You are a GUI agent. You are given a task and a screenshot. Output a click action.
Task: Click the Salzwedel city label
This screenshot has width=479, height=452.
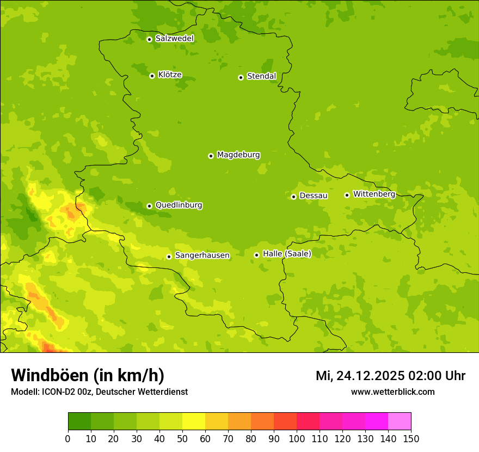pos(174,39)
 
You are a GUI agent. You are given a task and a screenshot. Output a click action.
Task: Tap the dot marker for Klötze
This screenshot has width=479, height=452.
pos(152,76)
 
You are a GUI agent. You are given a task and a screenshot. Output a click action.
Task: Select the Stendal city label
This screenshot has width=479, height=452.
pos(261,76)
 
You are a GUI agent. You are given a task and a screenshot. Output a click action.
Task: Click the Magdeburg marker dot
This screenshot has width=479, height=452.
pos(211,156)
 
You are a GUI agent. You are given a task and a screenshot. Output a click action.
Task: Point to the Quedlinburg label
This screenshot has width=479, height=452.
pos(179,205)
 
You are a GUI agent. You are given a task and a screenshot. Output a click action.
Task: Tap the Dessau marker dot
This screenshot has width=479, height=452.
pos(293,197)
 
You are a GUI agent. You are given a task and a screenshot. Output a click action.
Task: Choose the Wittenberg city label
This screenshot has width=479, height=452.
pos(374,194)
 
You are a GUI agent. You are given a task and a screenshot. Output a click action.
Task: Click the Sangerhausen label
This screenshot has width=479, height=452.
pos(202,255)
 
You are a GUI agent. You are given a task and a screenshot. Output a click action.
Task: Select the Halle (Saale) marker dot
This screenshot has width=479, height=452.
pos(256,255)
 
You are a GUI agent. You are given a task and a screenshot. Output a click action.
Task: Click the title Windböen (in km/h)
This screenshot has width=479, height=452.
pos(87,375)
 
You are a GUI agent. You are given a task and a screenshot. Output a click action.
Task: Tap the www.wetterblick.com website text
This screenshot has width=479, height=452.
pos(392,392)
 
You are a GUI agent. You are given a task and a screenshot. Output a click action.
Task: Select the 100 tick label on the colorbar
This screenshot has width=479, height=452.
pos(297,438)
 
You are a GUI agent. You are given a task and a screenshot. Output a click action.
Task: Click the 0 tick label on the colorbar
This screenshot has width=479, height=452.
pos(68,438)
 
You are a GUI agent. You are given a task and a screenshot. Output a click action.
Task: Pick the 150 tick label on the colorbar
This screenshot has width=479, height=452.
pos(411,438)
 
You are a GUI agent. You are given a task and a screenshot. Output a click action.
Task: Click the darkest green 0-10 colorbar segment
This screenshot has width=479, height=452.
pos(79,422)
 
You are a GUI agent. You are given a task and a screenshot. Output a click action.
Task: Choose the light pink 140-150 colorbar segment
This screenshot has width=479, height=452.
pos(400,422)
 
